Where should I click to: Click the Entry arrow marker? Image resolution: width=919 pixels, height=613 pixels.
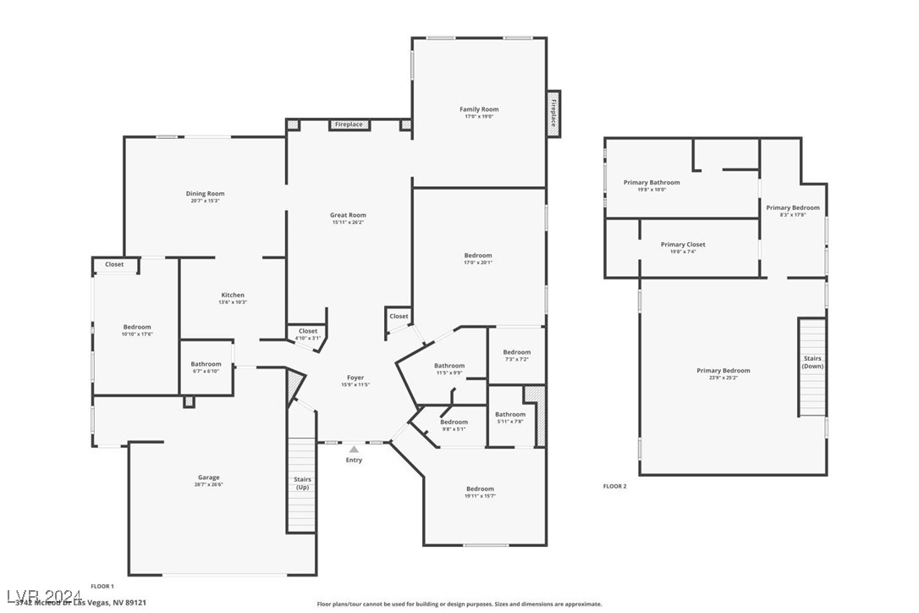(x=354, y=450)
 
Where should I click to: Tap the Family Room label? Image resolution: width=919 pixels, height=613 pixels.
(x=479, y=109)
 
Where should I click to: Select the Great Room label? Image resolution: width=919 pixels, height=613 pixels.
(x=348, y=215)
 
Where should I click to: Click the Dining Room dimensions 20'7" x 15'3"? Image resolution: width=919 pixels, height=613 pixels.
(x=205, y=202)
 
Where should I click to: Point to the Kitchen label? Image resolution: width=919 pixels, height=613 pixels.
(x=233, y=295)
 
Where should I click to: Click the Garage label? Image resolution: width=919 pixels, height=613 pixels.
(x=208, y=478)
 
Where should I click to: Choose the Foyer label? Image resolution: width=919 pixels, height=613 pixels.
(x=355, y=378)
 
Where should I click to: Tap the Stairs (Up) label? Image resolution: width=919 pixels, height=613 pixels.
(x=302, y=483)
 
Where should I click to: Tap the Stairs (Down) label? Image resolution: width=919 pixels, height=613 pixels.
(x=812, y=362)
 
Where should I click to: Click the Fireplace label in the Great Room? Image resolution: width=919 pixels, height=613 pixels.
(x=348, y=124)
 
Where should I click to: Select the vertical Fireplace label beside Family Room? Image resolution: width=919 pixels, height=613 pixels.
(x=553, y=113)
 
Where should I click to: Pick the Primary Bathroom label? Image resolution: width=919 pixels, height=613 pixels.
(x=651, y=182)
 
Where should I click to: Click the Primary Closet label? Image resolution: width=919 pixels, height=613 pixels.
(x=682, y=245)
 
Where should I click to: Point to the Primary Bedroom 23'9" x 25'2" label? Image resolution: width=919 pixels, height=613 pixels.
(x=723, y=370)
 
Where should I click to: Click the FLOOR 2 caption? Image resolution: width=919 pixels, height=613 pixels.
(x=614, y=486)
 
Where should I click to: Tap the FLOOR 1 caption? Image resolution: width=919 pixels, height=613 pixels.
(x=102, y=586)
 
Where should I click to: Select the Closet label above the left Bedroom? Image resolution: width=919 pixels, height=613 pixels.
(x=114, y=264)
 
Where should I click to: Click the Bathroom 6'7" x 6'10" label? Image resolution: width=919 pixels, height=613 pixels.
(x=206, y=365)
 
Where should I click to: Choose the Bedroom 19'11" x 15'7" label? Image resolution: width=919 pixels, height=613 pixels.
(x=480, y=489)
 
